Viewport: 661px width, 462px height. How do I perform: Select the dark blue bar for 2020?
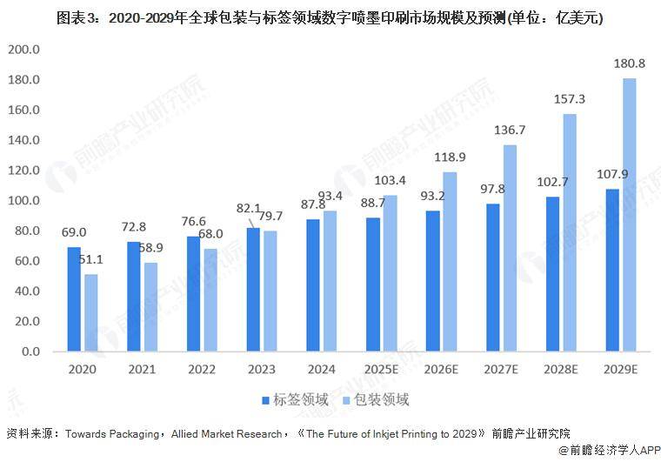74,299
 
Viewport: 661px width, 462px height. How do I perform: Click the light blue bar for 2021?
151,307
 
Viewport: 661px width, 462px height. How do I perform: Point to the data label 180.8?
630,64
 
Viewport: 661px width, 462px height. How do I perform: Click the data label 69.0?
73,232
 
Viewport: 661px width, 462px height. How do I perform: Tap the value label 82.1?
248,209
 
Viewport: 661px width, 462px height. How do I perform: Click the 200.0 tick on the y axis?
23,50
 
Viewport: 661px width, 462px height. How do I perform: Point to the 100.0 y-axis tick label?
23,201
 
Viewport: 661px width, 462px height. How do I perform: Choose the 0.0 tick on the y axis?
30,352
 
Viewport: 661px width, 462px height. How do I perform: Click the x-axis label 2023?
262,369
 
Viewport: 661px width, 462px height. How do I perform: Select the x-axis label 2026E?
442,369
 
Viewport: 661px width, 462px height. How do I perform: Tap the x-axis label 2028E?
562,369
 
